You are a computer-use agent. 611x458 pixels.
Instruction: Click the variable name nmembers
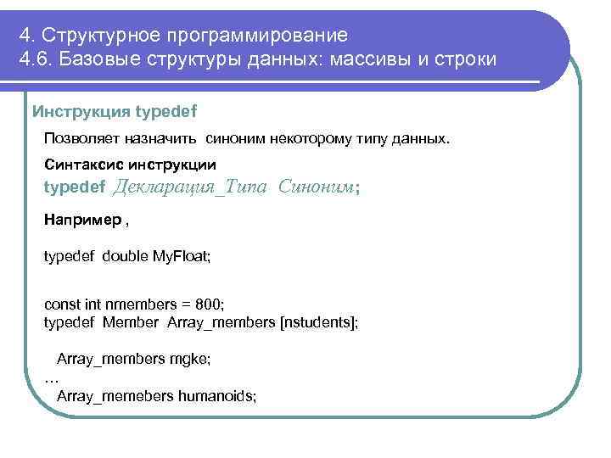[132, 303]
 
